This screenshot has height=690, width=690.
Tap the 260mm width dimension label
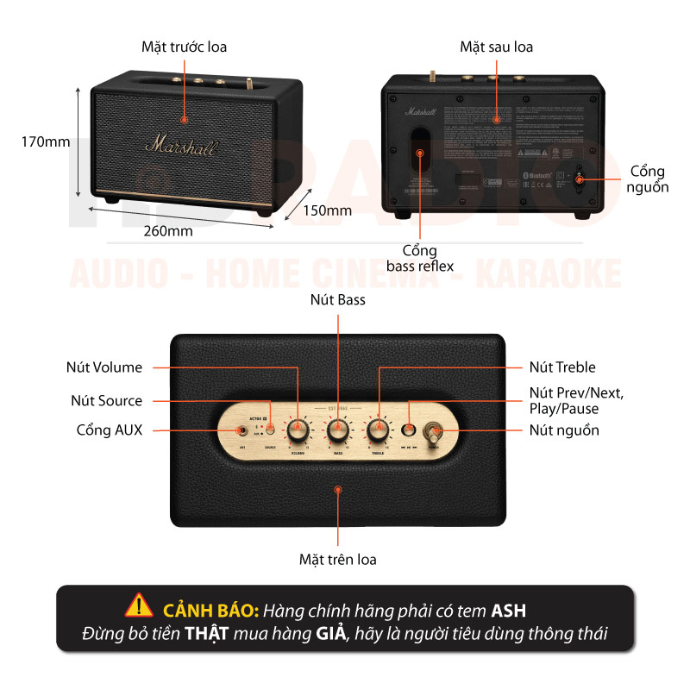pos(168,230)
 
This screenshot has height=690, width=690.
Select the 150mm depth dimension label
pos(328,210)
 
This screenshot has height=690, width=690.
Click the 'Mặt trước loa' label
pos(185,47)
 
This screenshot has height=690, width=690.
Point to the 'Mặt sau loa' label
pos(496,47)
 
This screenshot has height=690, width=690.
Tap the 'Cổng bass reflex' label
pos(421,259)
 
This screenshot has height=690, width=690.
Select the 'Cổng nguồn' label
pos(649,179)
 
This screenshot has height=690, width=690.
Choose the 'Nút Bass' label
pos(338,300)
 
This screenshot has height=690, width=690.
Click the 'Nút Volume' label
pos(104,367)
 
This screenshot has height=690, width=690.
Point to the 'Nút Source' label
pos(107,400)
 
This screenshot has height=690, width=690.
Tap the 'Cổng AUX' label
pos(110,430)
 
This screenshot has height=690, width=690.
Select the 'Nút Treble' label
pos(562,367)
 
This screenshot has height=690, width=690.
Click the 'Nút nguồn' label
pos(565,430)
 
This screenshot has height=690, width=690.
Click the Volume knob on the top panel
pos(298,428)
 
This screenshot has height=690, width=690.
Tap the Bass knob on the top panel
pos(337,428)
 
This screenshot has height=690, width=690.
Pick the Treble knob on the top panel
pos(377,428)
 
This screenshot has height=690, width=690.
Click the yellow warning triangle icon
pos(138,610)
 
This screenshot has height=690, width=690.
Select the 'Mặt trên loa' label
pos(338,559)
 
